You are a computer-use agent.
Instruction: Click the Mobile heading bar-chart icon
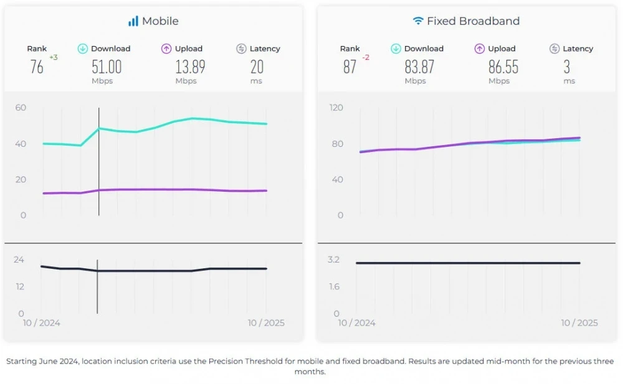coord(133,21)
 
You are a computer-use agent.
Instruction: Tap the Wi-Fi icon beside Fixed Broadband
coord(417,21)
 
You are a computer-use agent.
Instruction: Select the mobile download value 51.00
coord(107,67)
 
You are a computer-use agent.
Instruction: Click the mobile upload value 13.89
coord(190,67)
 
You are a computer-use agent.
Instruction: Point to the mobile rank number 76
coord(37,67)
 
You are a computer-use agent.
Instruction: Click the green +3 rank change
coord(54,58)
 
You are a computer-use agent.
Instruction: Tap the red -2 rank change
coord(366,58)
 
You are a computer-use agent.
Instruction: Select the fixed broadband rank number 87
coord(350,67)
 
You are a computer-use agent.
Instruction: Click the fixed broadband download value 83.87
coord(419,67)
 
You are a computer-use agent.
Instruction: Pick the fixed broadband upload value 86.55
coord(503,67)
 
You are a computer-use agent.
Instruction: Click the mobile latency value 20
coord(257,67)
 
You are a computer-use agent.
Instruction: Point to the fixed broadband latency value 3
coord(567,67)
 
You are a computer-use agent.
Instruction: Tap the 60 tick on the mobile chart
coord(21,108)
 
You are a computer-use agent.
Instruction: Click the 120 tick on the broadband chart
coord(336,108)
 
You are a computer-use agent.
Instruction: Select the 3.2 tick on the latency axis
coord(333,260)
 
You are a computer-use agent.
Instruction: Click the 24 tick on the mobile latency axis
coord(19,260)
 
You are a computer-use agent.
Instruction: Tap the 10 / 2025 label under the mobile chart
coord(266,323)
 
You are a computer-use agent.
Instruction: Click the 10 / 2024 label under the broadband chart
coord(357,323)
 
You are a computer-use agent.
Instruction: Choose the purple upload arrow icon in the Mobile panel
coord(166,49)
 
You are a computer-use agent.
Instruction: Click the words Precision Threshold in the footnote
coord(245,361)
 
